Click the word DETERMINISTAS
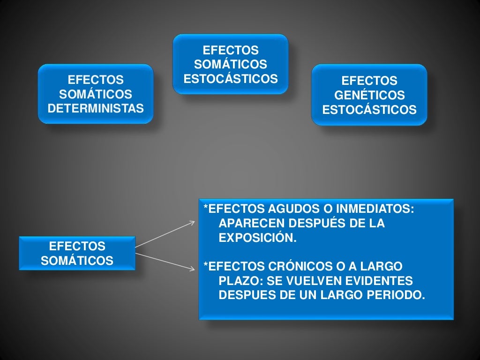[96, 109]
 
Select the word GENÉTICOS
[369, 96]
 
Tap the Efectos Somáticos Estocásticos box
[231, 64]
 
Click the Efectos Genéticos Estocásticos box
[369, 95]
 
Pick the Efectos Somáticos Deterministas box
[96, 94]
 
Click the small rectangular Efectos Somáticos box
[77, 254]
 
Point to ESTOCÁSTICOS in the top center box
[231, 79]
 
